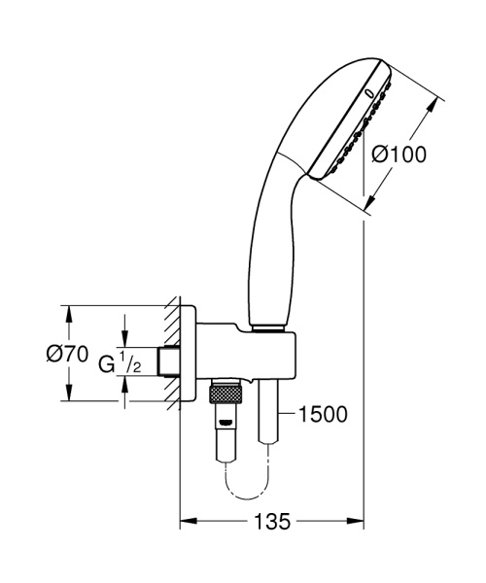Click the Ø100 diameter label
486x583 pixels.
[400, 154]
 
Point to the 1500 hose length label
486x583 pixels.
[322, 415]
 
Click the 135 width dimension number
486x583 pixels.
[273, 523]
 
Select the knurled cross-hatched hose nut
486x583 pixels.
[226, 394]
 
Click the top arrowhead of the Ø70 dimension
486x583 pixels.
[68, 312]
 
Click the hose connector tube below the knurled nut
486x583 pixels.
[226, 428]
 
